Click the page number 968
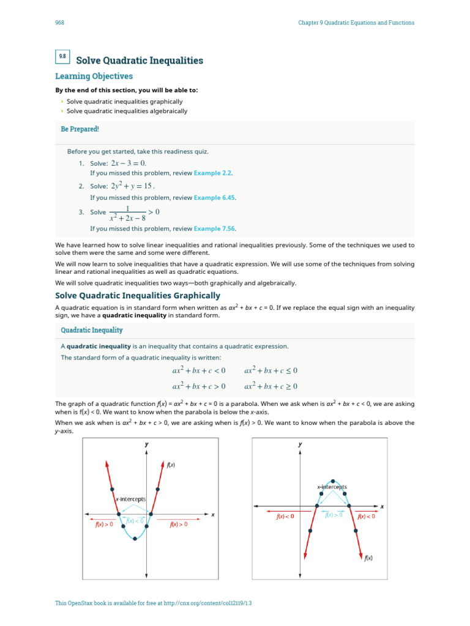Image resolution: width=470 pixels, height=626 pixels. coord(59,23)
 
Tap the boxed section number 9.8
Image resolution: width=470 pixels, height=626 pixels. coord(62,57)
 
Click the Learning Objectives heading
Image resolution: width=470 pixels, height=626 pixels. coord(94,76)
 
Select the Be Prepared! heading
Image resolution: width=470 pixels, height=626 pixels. coord(80,130)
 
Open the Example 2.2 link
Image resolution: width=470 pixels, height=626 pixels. coord(213,173)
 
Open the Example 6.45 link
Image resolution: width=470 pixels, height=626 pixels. coord(214,197)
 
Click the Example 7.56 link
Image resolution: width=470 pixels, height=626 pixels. coord(214,229)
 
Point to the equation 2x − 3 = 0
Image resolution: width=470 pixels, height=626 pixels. coord(129,163)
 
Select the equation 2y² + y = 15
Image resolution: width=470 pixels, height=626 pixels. coord(132,186)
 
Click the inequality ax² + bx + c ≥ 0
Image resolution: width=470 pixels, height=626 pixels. coord(270,386)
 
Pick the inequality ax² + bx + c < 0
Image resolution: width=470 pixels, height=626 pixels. coord(199,370)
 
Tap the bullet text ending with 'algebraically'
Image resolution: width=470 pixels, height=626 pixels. coord(127,111)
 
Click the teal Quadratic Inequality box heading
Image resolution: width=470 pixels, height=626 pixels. coord(92,330)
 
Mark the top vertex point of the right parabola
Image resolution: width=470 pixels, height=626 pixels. coord(332,481)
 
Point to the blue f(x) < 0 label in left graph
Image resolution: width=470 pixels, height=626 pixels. coord(135,520)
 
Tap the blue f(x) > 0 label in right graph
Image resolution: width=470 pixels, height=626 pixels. coord(334,515)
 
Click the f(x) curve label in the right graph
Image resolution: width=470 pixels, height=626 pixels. coord(368,558)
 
